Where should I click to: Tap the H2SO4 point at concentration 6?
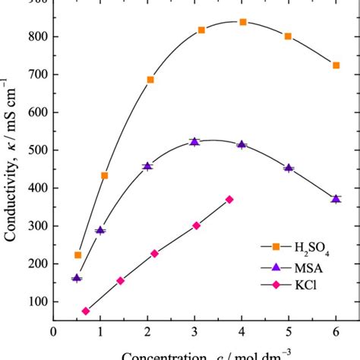coord(336,65)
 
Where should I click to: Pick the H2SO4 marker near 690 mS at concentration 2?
coord(150,80)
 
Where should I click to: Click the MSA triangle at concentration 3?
coord(194,142)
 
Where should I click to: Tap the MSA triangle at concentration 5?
coord(289,168)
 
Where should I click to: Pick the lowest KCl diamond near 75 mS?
coord(86,311)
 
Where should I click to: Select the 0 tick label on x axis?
coord(53,331)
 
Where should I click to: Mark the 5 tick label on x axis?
coord(289,331)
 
